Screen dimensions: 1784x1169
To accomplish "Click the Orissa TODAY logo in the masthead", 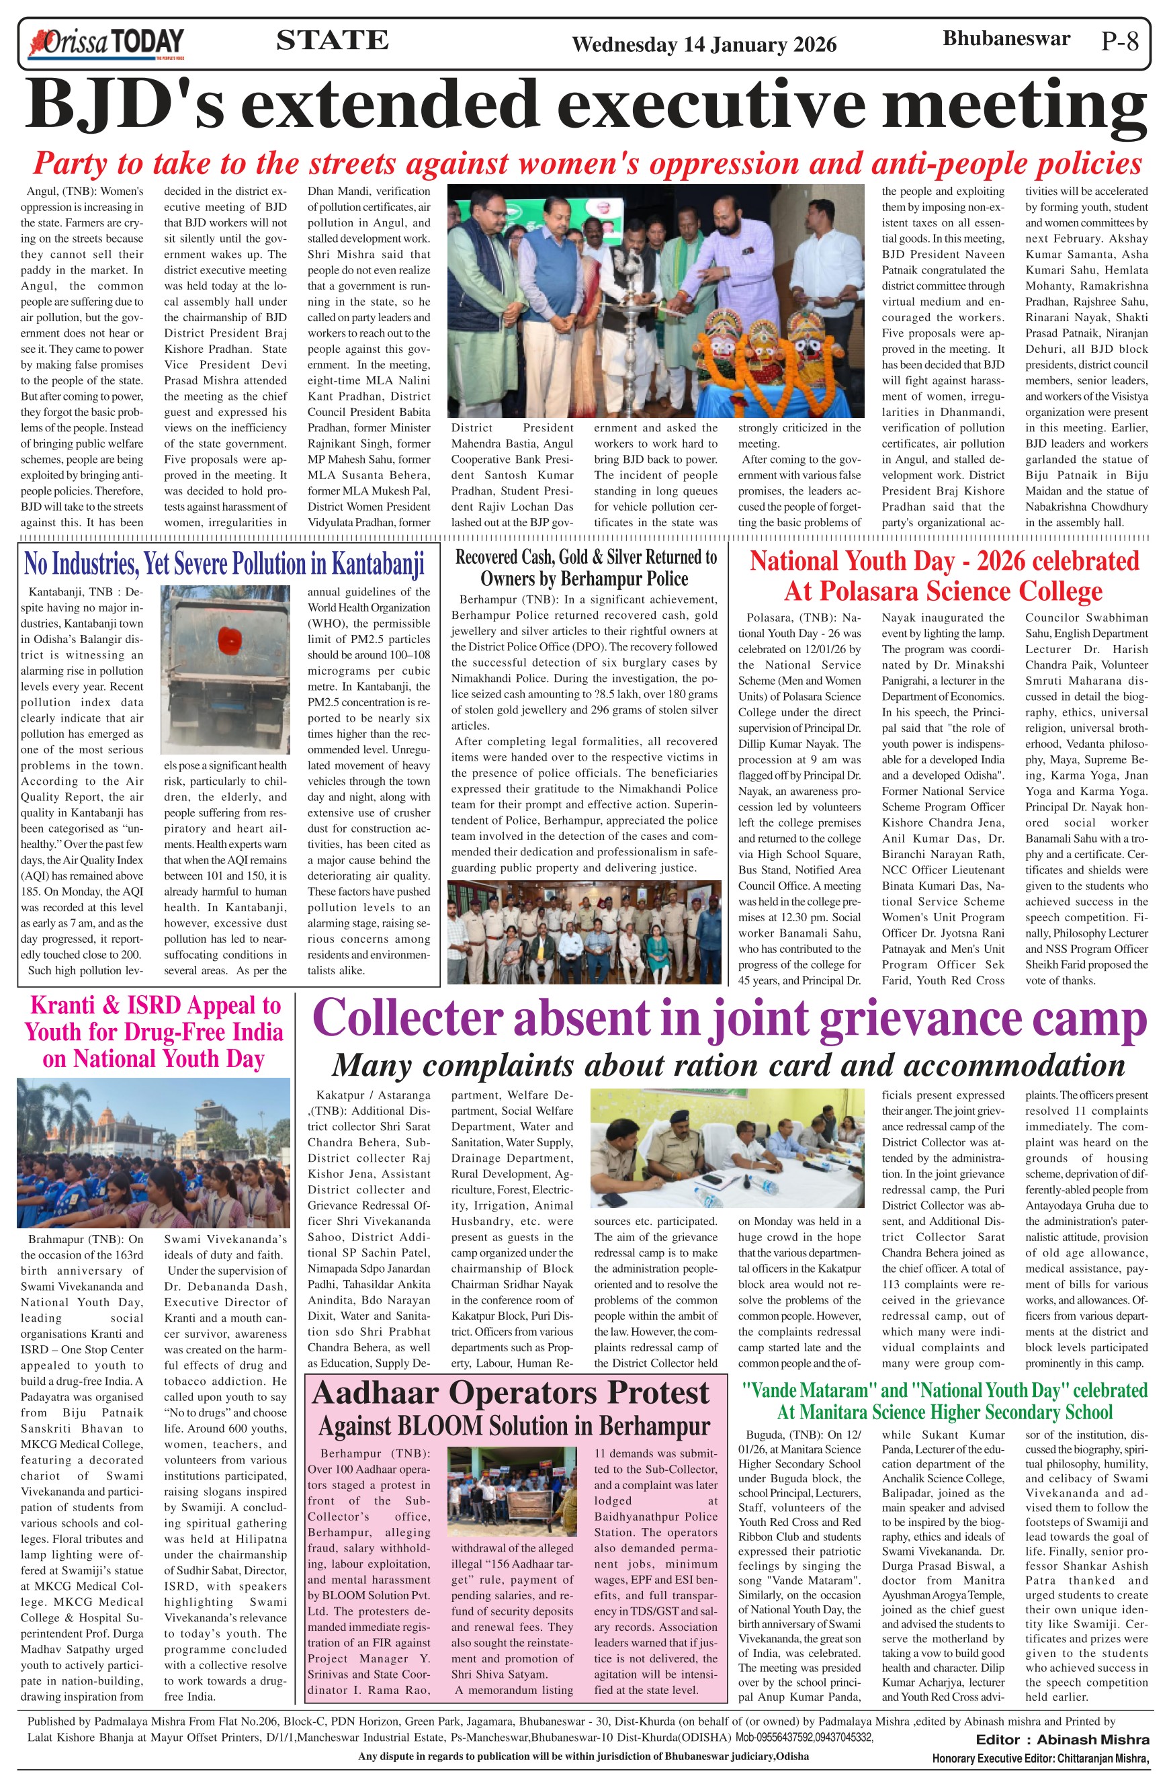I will pos(105,44).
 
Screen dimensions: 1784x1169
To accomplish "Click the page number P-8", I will pos(1119,41).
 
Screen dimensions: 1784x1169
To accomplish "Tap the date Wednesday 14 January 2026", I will pos(703,45).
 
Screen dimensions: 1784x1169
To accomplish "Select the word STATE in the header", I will pos(332,40).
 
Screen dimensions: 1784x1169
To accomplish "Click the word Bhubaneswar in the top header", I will pos(1006,38).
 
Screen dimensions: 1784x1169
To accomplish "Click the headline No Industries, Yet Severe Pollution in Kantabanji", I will pos(224,563).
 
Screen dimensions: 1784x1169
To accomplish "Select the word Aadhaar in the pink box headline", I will pos(378,1394).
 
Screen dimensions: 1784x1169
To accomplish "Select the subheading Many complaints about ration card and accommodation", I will pos(728,1064).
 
